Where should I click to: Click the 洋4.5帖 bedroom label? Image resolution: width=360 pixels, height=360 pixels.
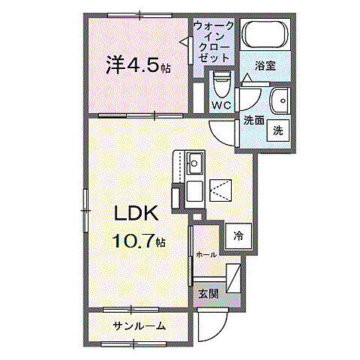138,67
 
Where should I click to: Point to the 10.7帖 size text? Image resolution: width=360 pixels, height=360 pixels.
139,241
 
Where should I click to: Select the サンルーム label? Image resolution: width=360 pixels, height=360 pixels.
139,326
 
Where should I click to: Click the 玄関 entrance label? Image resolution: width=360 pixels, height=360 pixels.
208,294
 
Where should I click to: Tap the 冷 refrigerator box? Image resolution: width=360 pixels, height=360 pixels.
238,235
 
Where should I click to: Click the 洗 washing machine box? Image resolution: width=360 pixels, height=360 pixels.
277,130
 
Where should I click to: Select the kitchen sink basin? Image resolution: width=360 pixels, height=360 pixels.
195,161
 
